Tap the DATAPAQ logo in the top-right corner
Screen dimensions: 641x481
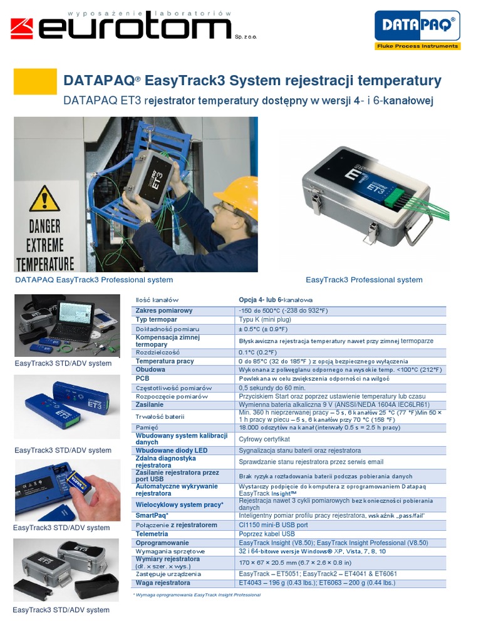(x=416, y=26)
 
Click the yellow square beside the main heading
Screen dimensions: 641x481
(x=31, y=81)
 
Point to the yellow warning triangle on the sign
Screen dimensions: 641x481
(x=44, y=199)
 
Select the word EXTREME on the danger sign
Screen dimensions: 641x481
(x=45, y=244)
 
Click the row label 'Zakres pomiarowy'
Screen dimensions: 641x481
(x=164, y=310)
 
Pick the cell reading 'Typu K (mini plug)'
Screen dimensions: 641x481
(x=264, y=319)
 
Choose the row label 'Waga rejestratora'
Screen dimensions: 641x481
(x=163, y=583)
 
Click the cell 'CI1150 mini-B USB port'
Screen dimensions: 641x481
(x=274, y=525)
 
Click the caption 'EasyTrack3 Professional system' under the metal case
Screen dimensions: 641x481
(x=364, y=280)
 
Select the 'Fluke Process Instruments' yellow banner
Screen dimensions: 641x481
(x=417, y=46)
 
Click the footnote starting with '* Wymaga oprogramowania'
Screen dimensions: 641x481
(x=197, y=595)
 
